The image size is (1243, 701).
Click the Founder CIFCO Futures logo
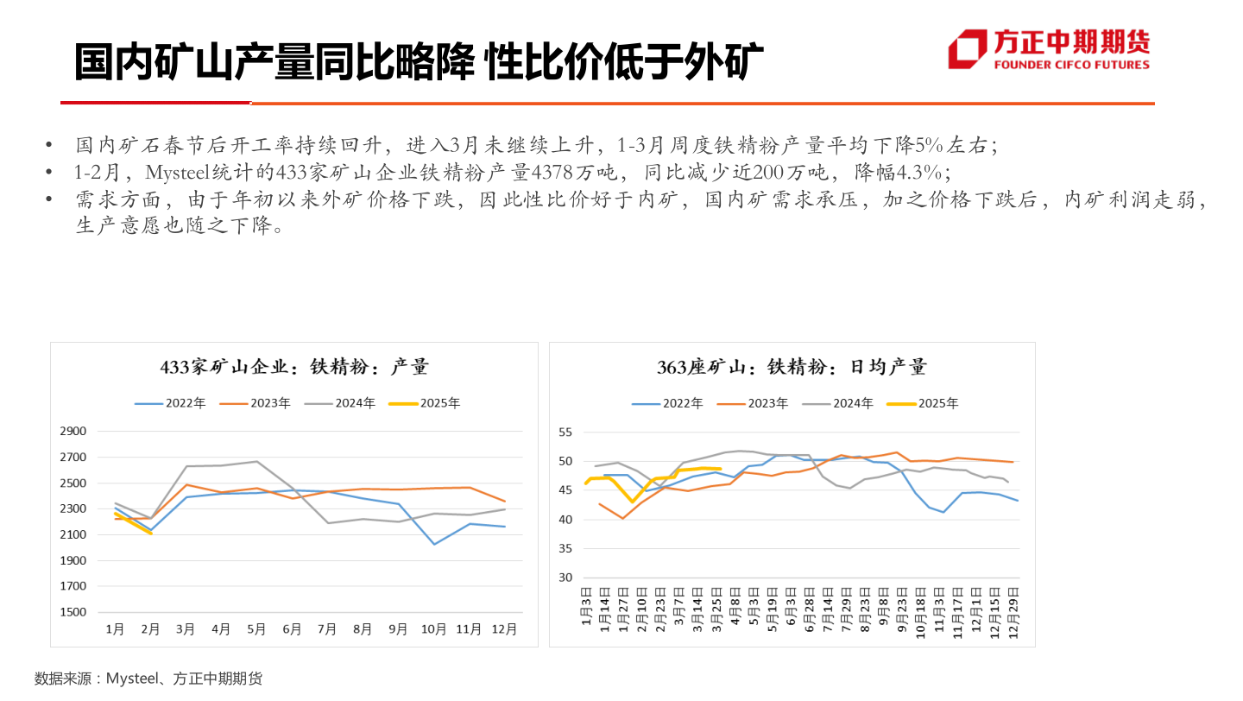click(1049, 49)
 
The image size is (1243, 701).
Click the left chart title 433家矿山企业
click(294, 367)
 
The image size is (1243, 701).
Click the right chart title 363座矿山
click(792, 367)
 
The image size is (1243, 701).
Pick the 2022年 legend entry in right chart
click(668, 403)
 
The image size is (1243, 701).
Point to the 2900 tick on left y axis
click(73, 432)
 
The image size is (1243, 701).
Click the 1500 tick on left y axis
click(73, 612)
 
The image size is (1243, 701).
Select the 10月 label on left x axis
click(433, 629)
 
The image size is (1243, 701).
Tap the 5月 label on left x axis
click(256, 629)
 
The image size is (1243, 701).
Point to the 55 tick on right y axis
click(566, 432)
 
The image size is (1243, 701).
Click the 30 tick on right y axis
click(566, 578)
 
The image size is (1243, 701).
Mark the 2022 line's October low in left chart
click(433, 544)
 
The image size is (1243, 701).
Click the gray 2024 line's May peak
click(256, 461)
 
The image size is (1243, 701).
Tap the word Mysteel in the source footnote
click(134, 679)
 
